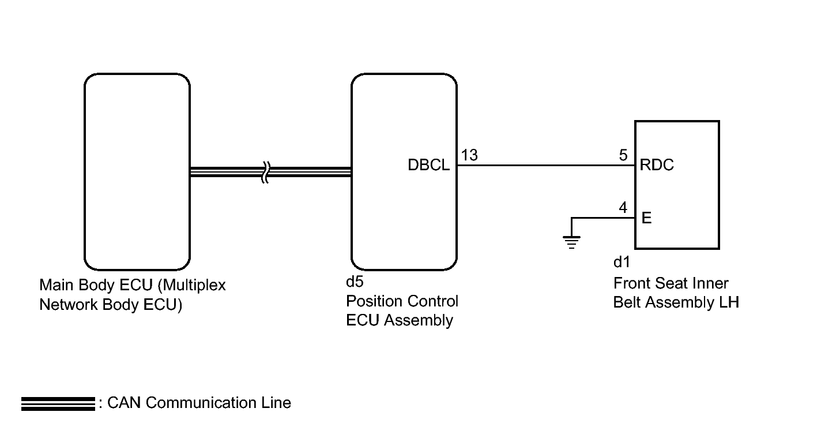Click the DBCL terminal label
pos(428,165)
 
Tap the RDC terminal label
pos(657,165)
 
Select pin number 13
pos(469,155)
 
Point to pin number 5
pos(623,155)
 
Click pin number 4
pos(623,208)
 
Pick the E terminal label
pos(646,218)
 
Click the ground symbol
pos(571,242)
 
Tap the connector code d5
pos(355,282)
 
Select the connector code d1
pos(622,262)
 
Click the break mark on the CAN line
pos(266,172)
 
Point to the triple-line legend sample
pos(58,404)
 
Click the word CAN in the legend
pos(124,403)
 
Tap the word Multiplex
pos(191,286)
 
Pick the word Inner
pos(712,283)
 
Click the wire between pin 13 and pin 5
pos(546,166)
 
